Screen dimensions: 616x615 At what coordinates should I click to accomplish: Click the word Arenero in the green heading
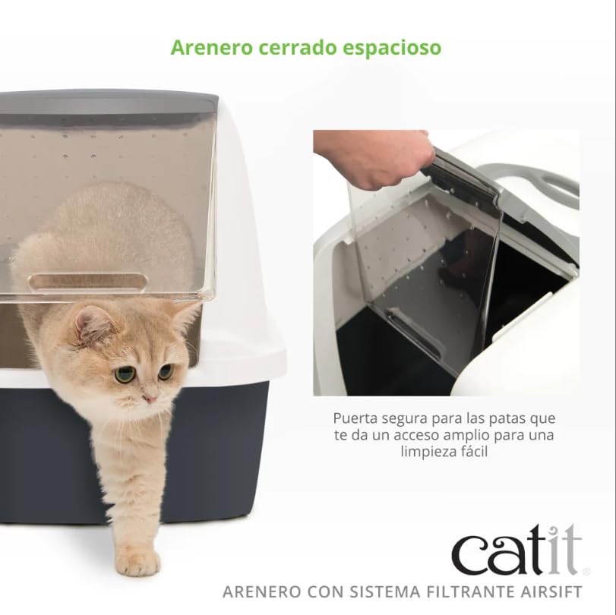point(211,48)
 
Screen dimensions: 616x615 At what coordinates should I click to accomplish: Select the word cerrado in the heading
point(298,48)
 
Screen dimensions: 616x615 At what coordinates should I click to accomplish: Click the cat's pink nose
point(150,399)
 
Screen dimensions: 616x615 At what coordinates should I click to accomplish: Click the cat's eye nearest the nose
point(166,372)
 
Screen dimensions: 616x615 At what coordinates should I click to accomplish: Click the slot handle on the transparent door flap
point(88,281)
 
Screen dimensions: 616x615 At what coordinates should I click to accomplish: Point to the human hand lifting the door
point(373,159)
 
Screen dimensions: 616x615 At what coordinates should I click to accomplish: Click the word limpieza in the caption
point(428,452)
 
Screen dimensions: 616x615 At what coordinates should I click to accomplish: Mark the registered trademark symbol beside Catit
point(586,572)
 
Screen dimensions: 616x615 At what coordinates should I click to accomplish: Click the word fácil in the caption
point(472,451)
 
